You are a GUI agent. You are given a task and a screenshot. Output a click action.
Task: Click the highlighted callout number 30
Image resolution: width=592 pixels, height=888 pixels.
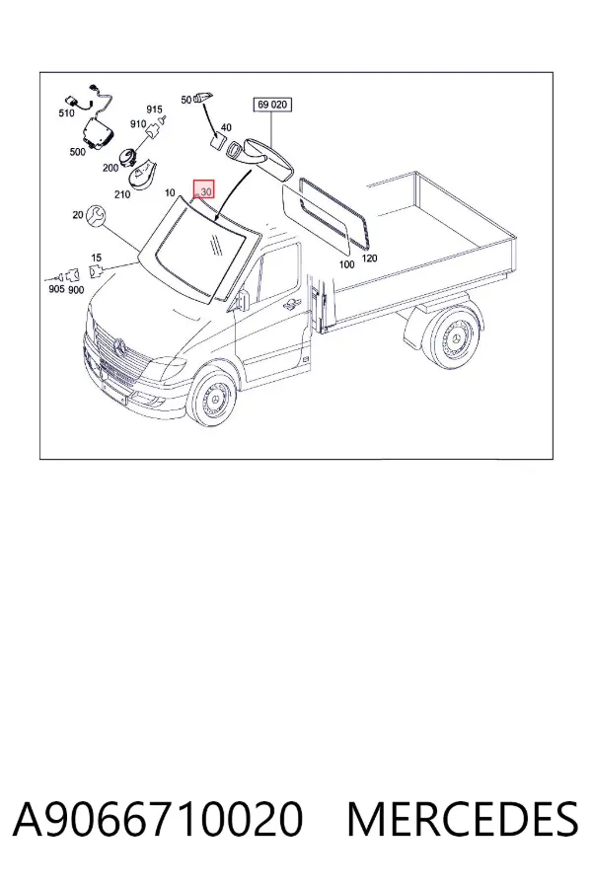click(204, 191)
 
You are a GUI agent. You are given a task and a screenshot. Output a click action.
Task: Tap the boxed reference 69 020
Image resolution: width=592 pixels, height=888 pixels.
click(272, 105)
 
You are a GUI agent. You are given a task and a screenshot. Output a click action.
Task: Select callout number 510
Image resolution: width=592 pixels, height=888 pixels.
click(66, 112)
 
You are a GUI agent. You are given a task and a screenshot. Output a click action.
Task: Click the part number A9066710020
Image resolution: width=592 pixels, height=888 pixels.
click(158, 819)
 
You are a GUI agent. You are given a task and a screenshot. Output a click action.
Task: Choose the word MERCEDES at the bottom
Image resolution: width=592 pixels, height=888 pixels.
click(463, 819)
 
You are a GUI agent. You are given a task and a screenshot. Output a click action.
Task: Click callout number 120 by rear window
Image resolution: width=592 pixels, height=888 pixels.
click(369, 259)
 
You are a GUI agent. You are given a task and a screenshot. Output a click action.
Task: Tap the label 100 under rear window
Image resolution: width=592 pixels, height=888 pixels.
click(346, 264)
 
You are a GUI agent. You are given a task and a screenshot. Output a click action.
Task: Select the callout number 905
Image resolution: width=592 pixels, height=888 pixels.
click(56, 289)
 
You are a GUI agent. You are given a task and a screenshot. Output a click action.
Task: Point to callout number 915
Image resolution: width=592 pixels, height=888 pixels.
click(154, 110)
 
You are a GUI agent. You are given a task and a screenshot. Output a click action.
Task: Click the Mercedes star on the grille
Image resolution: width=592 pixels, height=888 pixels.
click(119, 346)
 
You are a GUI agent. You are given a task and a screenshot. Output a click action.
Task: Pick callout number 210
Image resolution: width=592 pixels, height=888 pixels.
click(121, 194)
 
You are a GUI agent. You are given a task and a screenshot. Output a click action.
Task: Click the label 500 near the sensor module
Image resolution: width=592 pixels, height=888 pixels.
click(78, 152)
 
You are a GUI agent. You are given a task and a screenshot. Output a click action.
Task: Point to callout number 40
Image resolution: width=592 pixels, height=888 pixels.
click(226, 127)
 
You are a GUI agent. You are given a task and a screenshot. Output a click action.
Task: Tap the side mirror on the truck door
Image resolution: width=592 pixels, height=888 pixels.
click(244, 300)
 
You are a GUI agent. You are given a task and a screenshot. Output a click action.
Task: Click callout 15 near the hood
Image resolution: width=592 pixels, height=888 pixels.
click(97, 258)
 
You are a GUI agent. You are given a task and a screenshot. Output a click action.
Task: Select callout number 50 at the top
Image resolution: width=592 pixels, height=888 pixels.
click(186, 100)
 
